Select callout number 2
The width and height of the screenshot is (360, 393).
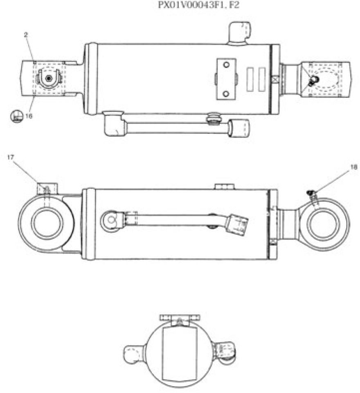[26, 36]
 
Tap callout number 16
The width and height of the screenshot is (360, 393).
[29, 116]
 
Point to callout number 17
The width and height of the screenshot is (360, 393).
[11, 156]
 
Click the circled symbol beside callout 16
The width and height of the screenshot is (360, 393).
[16, 116]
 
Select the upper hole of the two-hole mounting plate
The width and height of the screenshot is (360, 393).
[225, 64]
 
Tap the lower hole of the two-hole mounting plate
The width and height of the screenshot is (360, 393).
[225, 94]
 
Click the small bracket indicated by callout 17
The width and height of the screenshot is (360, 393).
[47, 189]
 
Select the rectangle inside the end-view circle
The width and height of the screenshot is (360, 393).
[178, 352]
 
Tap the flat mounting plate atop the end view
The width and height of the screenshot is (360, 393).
[179, 318]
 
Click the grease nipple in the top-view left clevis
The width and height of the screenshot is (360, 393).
[49, 78]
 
